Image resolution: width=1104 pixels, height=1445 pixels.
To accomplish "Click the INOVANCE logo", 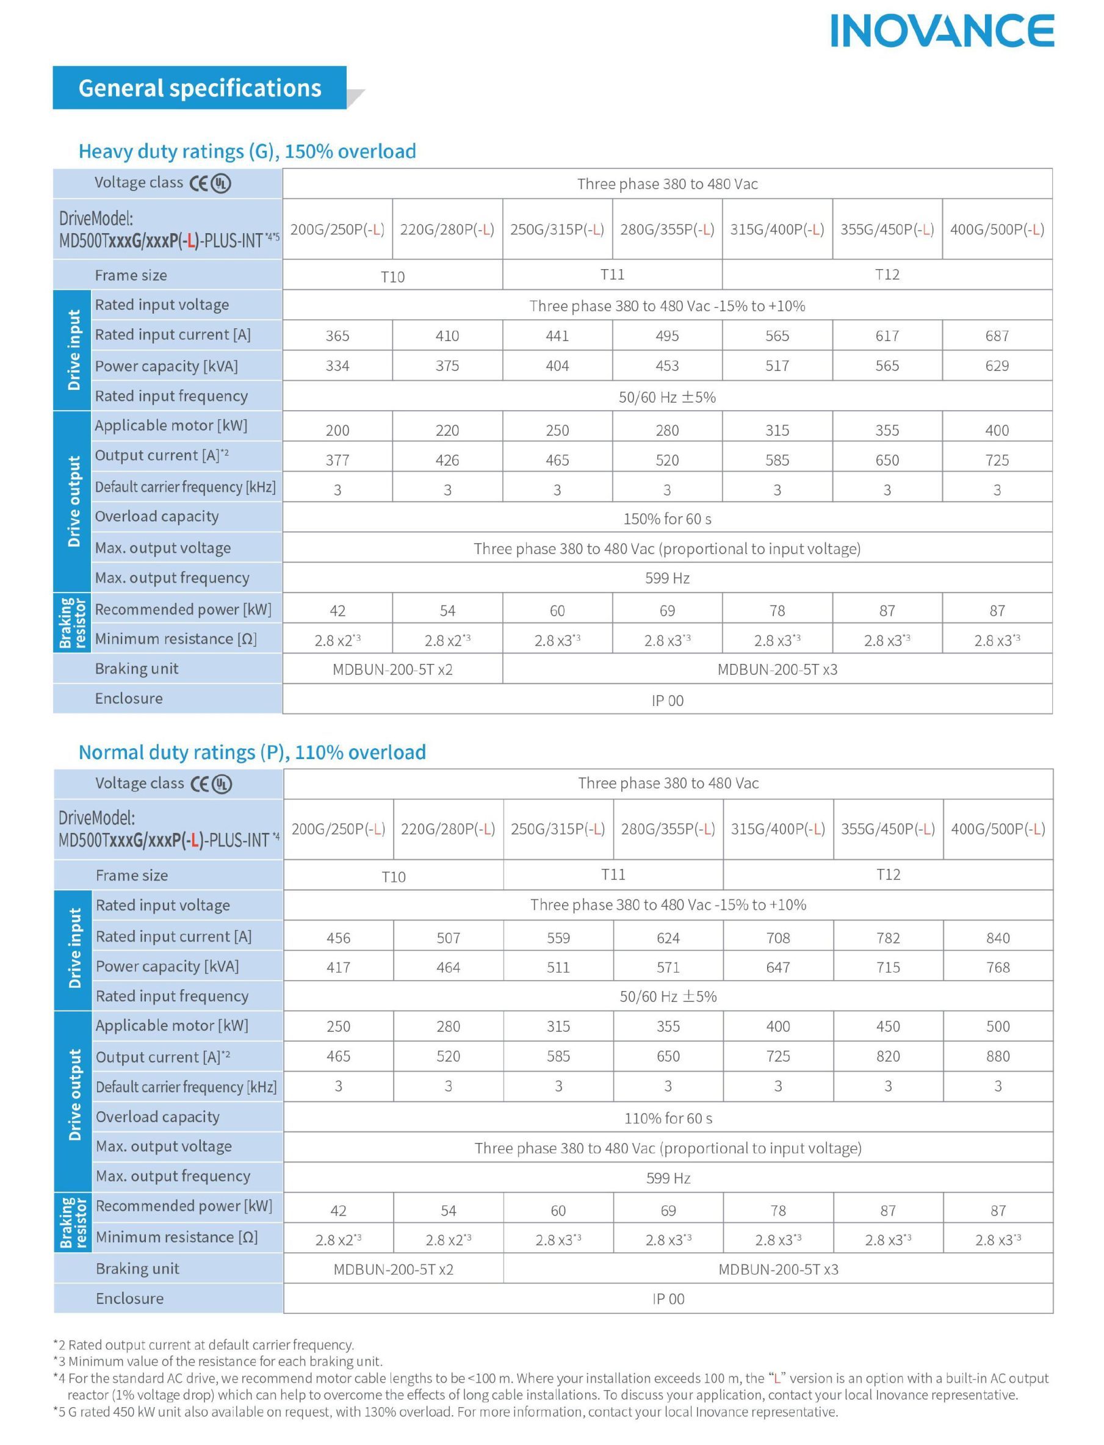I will click(942, 31).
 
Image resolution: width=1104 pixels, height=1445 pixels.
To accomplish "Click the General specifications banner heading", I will click(200, 88).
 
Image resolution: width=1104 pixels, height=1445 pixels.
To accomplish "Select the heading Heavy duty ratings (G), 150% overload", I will click(247, 151).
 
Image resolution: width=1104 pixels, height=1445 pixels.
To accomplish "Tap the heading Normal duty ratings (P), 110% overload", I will click(252, 752).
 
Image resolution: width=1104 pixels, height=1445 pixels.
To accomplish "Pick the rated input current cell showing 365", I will click(337, 336).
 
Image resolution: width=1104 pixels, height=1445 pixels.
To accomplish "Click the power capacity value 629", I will click(997, 366).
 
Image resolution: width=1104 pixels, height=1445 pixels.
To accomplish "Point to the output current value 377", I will click(337, 460).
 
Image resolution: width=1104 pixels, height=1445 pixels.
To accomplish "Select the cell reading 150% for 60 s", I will click(667, 519).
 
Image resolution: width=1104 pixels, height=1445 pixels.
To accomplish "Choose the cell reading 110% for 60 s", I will click(668, 1119).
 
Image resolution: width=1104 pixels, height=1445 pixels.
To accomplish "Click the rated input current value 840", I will click(998, 938).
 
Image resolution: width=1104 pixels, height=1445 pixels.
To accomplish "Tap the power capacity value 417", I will click(339, 967).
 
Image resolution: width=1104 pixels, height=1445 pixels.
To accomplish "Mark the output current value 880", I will click(998, 1056).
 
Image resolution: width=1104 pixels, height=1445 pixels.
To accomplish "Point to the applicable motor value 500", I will click(998, 1026).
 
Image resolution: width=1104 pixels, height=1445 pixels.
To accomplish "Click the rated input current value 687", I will click(997, 336).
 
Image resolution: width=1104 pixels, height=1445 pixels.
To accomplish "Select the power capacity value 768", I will click(998, 967).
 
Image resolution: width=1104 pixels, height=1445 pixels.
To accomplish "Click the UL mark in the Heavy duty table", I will click(221, 183).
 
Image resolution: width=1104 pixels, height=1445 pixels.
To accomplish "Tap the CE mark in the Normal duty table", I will click(200, 784).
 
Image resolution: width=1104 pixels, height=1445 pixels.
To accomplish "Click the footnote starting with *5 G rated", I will click(446, 1411).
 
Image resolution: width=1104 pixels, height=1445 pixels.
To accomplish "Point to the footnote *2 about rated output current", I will click(204, 1344).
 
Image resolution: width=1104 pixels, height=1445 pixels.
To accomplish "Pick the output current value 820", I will click(888, 1056).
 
